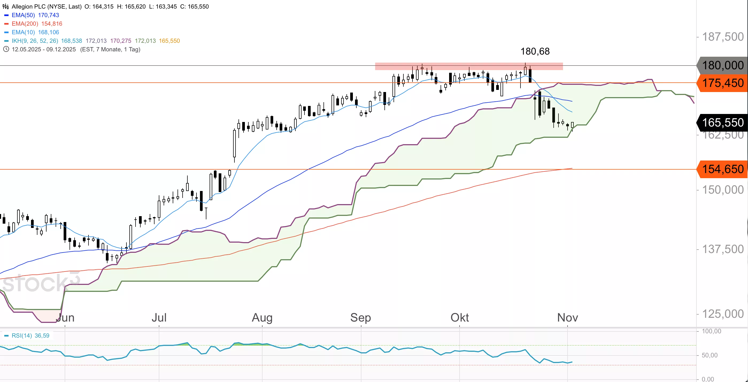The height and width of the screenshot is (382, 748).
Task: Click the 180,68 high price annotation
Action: tap(535, 51)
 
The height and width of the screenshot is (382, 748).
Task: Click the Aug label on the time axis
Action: tap(262, 318)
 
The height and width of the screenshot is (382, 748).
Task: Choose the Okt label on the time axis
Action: tap(460, 318)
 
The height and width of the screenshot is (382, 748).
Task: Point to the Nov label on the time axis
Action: tap(567, 318)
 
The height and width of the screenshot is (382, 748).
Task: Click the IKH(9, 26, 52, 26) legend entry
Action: tap(35, 41)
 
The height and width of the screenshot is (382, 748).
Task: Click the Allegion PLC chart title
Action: tap(47, 6)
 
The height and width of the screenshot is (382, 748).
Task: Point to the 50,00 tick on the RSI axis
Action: tap(710, 355)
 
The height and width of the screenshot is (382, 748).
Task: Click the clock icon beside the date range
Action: tap(6, 49)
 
